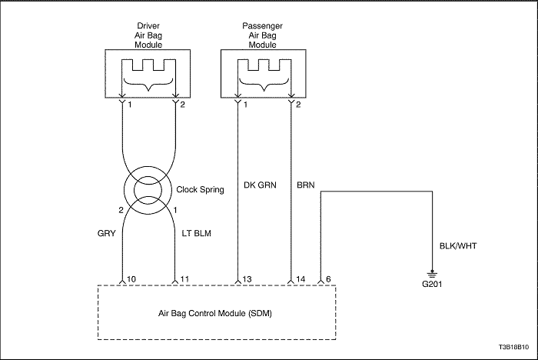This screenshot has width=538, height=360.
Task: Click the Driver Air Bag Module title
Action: (148, 35)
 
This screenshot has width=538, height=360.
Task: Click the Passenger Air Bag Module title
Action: (263, 35)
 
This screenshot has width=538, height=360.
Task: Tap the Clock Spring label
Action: (200, 190)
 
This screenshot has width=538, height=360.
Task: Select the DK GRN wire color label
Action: (260, 185)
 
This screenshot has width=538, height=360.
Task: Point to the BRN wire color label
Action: (305, 185)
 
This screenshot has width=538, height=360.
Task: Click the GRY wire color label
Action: (107, 234)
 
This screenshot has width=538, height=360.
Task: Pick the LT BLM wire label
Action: (196, 234)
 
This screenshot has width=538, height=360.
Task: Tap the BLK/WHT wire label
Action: (458, 246)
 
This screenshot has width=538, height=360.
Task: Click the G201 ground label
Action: (432, 284)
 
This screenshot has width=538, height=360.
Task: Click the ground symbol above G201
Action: (432, 274)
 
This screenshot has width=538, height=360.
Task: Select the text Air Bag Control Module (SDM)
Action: (215, 313)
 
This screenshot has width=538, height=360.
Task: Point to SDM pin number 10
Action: (131, 279)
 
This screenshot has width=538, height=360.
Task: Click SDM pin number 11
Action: (184, 279)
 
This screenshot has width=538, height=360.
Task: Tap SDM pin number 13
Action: (247, 279)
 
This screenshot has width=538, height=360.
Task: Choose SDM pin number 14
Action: (301, 279)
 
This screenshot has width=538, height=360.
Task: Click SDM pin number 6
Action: (328, 279)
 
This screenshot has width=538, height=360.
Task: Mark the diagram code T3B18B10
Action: (514, 347)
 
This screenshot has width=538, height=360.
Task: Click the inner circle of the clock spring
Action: (134, 190)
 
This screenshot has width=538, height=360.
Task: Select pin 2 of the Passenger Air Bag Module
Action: (298, 105)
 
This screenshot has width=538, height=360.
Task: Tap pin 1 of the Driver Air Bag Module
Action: (130, 105)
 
